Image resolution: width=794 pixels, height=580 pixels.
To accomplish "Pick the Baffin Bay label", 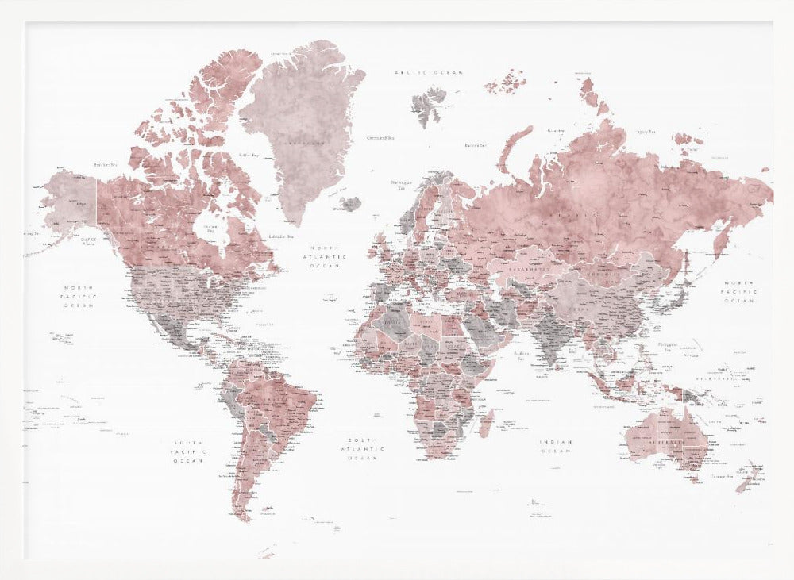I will [x=250, y=156].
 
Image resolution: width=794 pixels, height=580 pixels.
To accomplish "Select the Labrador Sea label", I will [x=280, y=236].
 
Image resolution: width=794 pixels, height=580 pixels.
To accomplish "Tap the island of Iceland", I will [x=350, y=204].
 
